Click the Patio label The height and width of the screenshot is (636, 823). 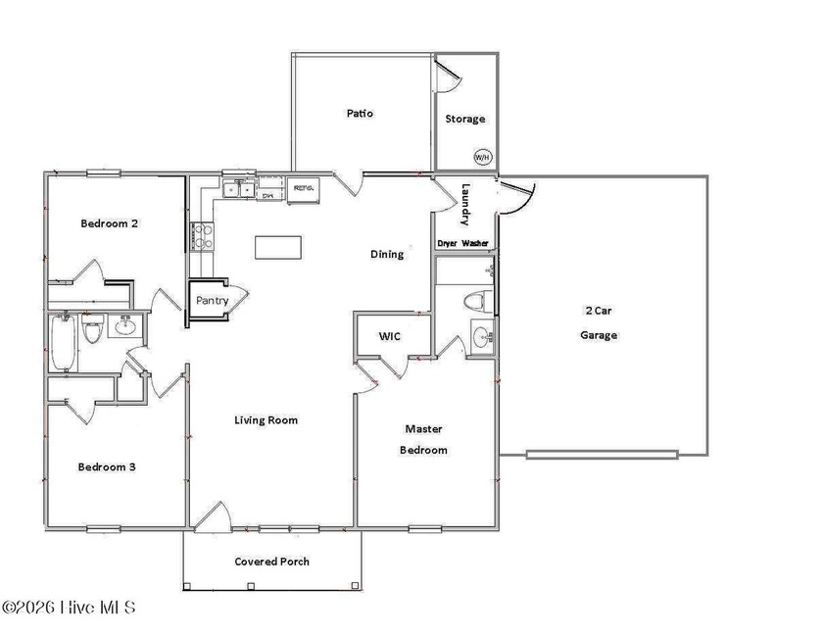[360, 114]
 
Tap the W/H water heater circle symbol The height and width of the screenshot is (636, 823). [481, 157]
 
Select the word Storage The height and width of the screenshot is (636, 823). [465, 120]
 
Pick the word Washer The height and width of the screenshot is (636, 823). [476, 243]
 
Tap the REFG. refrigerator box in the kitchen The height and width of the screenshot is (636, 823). [303, 189]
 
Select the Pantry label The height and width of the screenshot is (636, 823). [212, 300]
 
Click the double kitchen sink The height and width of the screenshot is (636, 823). [238, 189]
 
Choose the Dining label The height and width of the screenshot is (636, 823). [386, 255]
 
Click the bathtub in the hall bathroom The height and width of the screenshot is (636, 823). [63, 342]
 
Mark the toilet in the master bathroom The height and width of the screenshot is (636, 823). [477, 300]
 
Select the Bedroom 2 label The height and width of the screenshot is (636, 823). [108, 223]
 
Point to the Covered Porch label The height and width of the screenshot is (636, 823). [271, 562]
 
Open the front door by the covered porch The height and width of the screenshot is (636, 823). [212, 519]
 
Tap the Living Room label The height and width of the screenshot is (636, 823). [266, 420]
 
